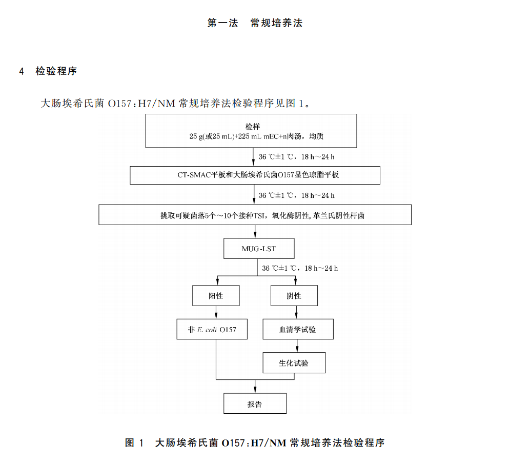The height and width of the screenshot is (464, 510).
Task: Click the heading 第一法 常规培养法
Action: point(255,23)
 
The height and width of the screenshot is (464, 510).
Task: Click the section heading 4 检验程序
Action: point(48,71)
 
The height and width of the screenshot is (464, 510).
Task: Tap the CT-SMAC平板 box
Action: point(255,175)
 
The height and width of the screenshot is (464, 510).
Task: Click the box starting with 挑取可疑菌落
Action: point(255,215)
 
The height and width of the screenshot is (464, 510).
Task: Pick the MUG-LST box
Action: point(259,249)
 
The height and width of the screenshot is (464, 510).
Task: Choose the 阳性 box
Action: point(216,296)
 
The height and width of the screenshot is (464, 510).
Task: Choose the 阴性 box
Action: point(294,296)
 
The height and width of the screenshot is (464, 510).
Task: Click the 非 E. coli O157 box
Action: point(216,329)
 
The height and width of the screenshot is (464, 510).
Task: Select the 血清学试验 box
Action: point(298,329)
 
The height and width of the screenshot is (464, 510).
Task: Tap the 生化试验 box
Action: point(294,362)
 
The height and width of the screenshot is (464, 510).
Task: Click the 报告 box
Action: point(255,404)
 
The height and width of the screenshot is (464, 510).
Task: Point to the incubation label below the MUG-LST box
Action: point(300,268)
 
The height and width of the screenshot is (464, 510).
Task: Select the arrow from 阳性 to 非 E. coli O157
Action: point(216,312)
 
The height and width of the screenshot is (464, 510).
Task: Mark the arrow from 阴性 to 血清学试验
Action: point(294,312)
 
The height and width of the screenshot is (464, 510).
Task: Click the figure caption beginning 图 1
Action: point(255,442)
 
